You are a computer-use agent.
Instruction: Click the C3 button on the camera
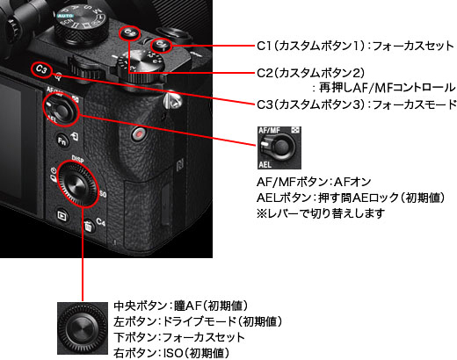click(41, 69)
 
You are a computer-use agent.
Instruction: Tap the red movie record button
click(139, 134)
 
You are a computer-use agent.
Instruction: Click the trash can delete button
click(88, 226)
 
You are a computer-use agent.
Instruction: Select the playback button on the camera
click(62, 216)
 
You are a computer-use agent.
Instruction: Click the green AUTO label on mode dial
click(65, 16)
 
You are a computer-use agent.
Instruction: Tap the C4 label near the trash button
click(100, 222)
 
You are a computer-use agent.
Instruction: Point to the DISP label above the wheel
click(77, 159)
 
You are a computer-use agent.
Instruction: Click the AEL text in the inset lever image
click(265, 164)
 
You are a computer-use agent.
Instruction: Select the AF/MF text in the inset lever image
click(269, 130)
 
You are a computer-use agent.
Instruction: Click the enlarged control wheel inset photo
click(83, 328)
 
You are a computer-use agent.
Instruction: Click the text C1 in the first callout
click(265, 46)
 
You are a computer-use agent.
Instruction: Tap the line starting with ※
click(321, 213)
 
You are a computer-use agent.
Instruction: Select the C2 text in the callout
click(265, 73)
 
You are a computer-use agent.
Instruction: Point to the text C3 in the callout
click(265, 104)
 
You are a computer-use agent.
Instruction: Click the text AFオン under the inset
click(352, 182)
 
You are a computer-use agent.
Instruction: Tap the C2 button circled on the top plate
click(130, 32)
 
